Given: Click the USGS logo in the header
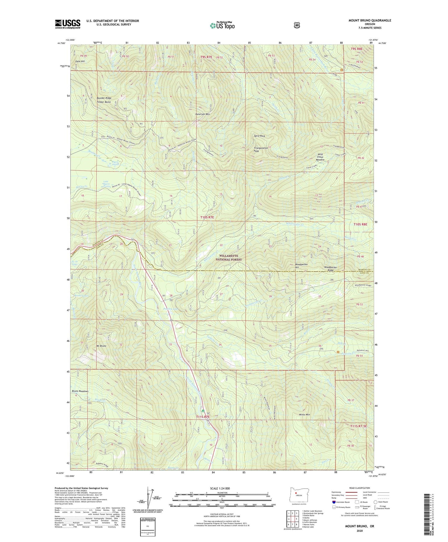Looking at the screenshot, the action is [68, 24].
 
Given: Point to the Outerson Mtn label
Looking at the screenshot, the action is [202, 114].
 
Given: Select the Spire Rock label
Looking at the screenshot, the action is [259, 136].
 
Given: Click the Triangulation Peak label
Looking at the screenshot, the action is [261, 150].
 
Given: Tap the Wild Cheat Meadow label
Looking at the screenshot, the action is [320, 157].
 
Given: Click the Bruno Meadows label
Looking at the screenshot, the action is [80, 391].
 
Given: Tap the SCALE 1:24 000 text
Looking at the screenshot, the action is [220, 489].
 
